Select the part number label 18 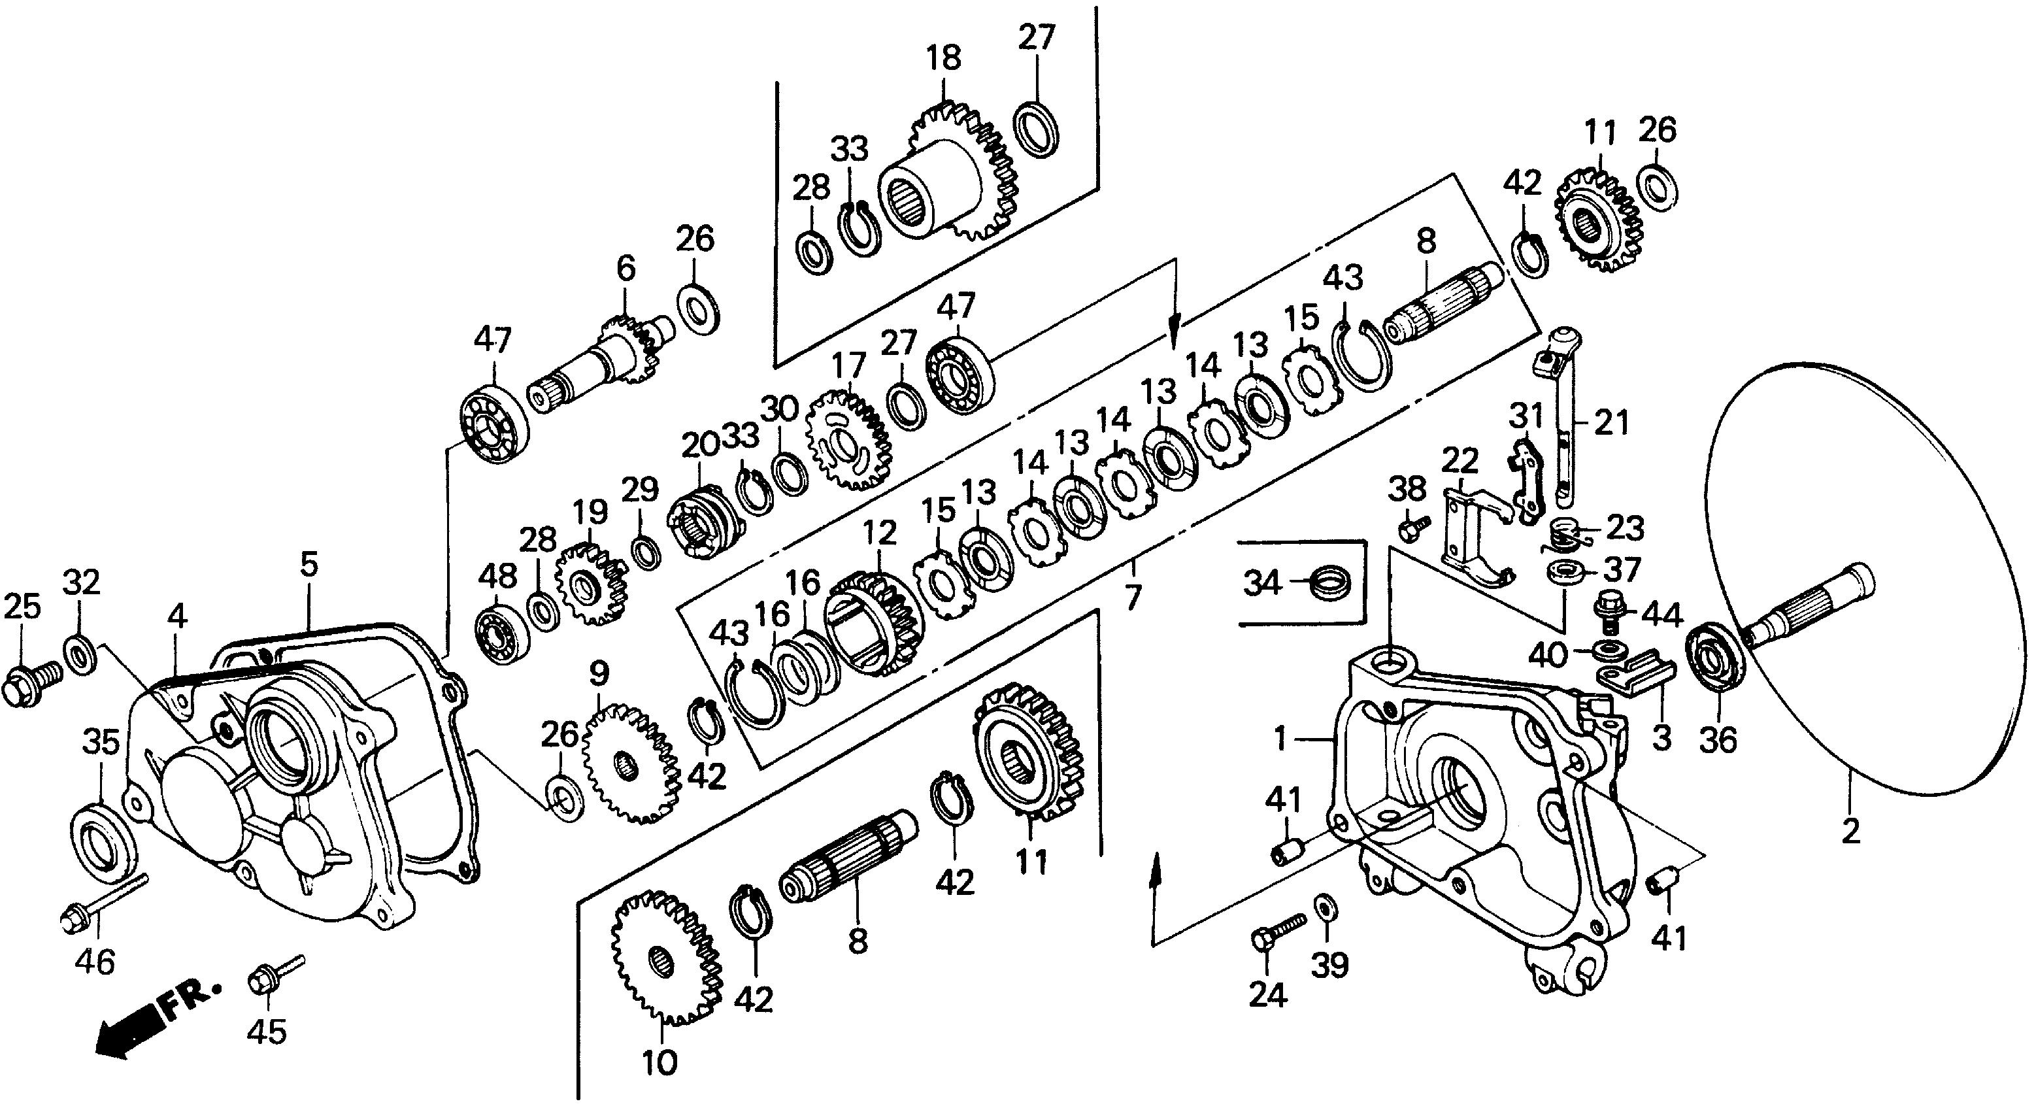[x=944, y=58]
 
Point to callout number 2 [x=1851, y=831]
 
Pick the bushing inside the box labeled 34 [x=1330, y=584]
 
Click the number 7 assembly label [x=1133, y=596]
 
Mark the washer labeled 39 [x=1323, y=907]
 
